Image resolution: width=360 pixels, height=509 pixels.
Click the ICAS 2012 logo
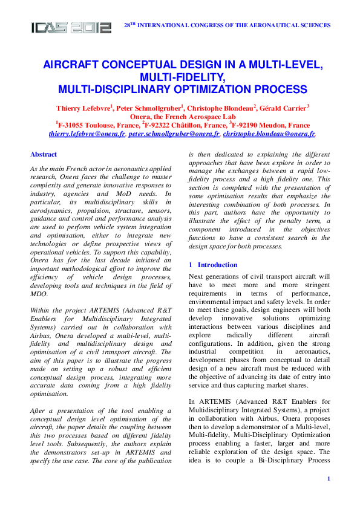(71, 27)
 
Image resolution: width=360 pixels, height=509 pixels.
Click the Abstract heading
(44, 155)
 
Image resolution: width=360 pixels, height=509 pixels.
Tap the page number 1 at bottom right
(327, 479)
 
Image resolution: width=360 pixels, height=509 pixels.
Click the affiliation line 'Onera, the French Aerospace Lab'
(182, 117)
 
